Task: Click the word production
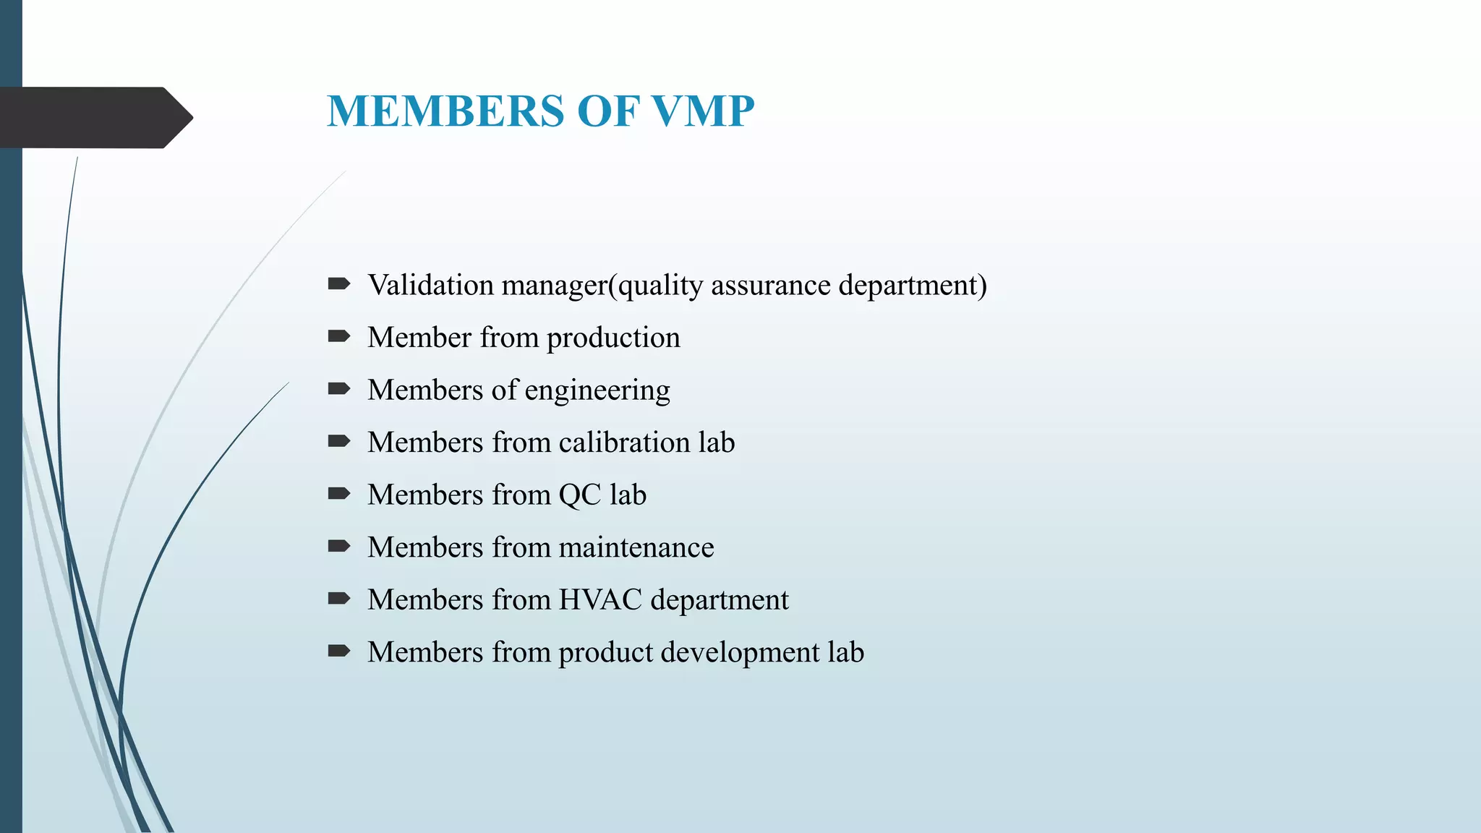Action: pos(613,338)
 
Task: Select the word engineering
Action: pos(597,390)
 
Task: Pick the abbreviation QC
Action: pos(580,495)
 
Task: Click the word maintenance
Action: pos(636,547)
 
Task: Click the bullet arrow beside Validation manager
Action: pos(338,283)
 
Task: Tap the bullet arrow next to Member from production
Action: pos(338,336)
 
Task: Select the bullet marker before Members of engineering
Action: pos(338,389)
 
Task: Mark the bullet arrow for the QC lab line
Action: pos(338,494)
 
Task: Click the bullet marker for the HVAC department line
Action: pos(338,599)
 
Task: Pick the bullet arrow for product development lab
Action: pos(338,652)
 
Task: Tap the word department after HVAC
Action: pos(720,600)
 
